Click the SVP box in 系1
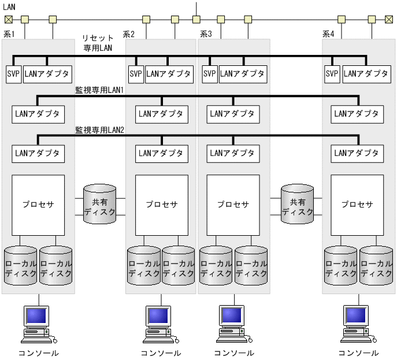point(13,74)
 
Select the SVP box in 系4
point(332,74)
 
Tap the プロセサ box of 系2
point(161,205)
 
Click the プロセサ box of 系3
point(233,205)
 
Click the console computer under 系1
point(38,324)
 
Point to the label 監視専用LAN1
point(100,91)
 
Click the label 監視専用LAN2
point(100,131)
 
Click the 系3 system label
point(206,34)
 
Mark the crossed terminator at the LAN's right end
point(389,19)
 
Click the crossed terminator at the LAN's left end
point(8,19)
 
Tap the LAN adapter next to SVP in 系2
point(168,74)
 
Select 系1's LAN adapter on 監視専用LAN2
point(38,154)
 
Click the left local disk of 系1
point(20,266)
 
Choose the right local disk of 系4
point(376,266)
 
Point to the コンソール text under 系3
point(233,353)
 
